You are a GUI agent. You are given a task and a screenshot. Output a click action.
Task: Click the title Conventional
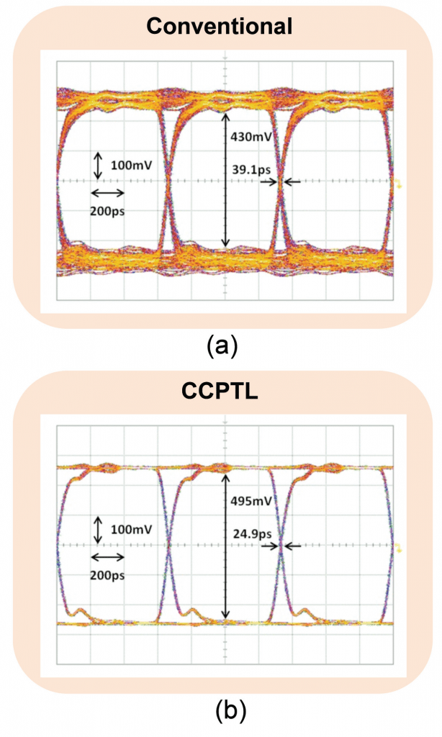click(219, 28)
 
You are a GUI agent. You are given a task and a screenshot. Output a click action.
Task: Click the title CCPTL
click(220, 394)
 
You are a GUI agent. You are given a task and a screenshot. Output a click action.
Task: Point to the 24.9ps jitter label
click(248, 535)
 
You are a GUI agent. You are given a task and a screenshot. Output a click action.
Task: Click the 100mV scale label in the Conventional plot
click(132, 165)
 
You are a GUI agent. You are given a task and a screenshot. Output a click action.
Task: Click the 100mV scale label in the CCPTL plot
click(132, 530)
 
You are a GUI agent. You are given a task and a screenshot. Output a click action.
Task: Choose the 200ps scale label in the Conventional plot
click(107, 211)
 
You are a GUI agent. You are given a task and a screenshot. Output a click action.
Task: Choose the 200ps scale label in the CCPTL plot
click(107, 576)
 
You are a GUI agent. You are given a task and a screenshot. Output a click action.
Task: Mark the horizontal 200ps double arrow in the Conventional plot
click(107, 193)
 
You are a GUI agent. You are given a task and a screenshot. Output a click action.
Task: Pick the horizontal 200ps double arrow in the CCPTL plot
click(107, 557)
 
